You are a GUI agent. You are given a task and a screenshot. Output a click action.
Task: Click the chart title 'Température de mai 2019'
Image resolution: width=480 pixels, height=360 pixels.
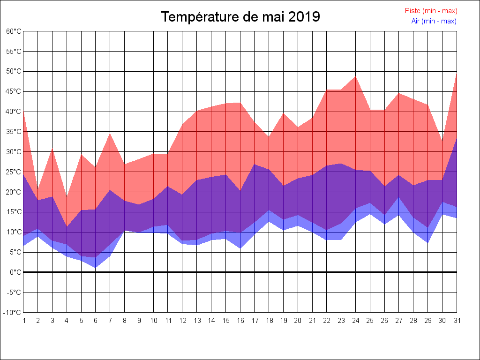240,17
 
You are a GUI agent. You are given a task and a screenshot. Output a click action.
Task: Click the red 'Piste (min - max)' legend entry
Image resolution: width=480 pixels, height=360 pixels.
431,11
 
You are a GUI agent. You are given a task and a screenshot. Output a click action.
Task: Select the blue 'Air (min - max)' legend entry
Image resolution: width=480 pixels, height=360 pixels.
434,21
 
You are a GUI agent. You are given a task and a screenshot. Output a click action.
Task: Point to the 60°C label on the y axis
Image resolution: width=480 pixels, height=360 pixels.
14,31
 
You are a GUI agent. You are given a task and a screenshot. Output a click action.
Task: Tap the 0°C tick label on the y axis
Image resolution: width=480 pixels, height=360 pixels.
15,272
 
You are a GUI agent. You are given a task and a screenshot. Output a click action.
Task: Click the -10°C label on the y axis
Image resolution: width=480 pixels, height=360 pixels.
13,313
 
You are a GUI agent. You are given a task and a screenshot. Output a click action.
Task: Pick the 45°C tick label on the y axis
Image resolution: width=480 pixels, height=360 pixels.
14,91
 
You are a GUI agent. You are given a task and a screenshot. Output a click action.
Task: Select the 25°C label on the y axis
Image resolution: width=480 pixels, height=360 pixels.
14,172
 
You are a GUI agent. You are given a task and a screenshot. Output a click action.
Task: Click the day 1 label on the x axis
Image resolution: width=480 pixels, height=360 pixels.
23,321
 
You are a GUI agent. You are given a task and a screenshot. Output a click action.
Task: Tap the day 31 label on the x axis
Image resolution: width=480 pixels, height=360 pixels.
457,321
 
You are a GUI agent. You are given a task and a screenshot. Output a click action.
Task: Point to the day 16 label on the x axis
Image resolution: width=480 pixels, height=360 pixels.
240,321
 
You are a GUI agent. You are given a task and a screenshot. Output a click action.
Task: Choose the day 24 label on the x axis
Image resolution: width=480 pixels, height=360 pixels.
355,321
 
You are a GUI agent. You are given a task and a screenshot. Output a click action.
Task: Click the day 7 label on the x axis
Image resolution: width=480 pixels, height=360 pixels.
110,321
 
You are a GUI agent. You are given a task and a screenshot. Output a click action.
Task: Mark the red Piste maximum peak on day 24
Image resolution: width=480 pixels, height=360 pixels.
355,76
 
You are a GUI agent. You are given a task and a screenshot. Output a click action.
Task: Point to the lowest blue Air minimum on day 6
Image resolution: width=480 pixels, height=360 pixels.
96,268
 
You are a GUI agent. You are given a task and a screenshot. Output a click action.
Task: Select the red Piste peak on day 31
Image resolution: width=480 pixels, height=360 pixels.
456,73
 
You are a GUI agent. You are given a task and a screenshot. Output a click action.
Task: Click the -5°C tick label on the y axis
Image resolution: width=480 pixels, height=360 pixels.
14,292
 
